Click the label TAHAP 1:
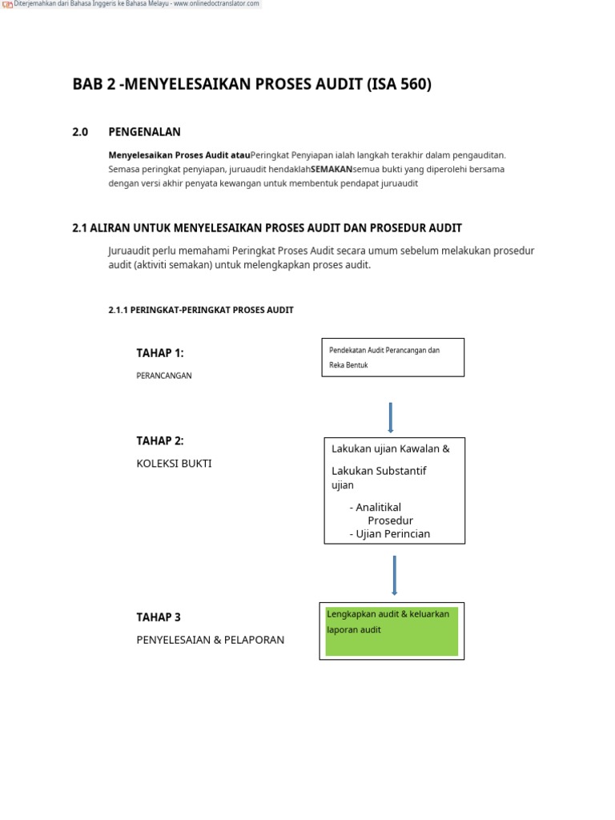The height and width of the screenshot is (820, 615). pyautogui.click(x=160, y=353)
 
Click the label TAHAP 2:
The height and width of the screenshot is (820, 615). pyautogui.click(x=160, y=441)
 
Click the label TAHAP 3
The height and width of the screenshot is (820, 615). pyautogui.click(x=159, y=617)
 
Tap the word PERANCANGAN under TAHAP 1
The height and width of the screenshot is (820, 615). pyautogui.click(x=164, y=376)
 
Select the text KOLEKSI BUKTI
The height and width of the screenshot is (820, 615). pyautogui.click(x=174, y=464)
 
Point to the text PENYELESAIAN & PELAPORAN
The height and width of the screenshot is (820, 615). pyautogui.click(x=210, y=640)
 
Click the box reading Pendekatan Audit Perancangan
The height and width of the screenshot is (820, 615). pyautogui.click(x=392, y=357)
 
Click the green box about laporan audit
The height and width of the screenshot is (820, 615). pyautogui.click(x=392, y=631)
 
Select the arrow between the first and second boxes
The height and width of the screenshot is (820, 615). pyautogui.click(x=390, y=417)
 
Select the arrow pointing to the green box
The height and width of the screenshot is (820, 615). pyautogui.click(x=394, y=574)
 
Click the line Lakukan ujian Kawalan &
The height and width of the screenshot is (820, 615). pyautogui.click(x=390, y=448)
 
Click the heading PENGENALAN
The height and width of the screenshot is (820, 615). pyautogui.click(x=144, y=132)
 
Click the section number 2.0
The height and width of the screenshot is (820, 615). pyautogui.click(x=80, y=132)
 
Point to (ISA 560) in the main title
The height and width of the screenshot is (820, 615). pyautogui.click(x=399, y=84)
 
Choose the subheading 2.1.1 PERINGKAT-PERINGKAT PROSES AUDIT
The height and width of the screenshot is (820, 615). pyautogui.click(x=200, y=310)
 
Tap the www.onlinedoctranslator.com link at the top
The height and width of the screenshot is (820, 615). pyautogui.click(x=218, y=4)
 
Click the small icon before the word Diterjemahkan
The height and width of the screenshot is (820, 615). pyautogui.click(x=8, y=4)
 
